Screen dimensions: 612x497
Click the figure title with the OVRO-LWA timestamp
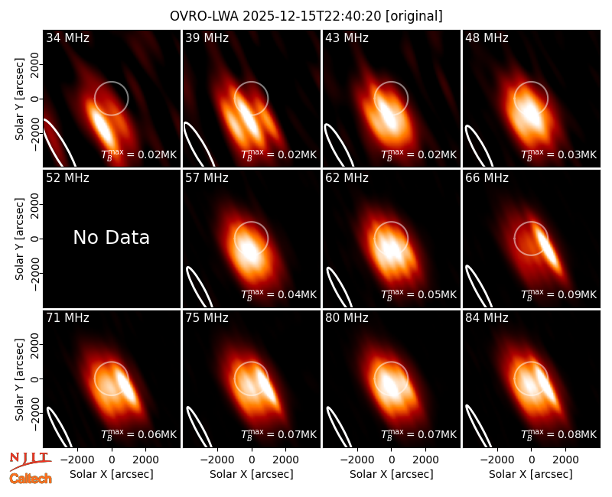click(306, 16)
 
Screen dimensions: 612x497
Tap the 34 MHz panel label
click(67, 37)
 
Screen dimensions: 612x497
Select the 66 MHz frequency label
click(487, 178)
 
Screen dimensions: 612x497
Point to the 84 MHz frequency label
click(487, 318)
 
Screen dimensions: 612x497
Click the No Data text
click(111, 238)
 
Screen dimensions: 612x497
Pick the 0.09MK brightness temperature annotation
click(558, 295)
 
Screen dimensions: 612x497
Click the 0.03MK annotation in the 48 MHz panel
click(558, 155)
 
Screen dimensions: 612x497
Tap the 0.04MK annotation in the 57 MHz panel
click(278, 295)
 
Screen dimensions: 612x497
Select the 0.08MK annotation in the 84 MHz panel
click(558, 435)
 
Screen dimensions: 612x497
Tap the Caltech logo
click(31, 479)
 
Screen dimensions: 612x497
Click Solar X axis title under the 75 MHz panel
click(252, 474)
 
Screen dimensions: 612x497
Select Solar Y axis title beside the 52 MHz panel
click(19, 239)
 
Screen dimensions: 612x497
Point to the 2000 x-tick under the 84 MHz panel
click(565, 460)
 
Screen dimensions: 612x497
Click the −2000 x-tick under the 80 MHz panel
click(357, 460)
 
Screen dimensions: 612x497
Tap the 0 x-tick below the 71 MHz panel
click(112, 460)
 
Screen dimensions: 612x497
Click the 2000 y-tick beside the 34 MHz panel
click(35, 64)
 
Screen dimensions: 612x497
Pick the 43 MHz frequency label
click(347, 37)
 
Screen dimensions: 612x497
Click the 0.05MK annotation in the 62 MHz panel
click(418, 295)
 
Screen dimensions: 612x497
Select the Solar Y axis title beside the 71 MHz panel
click(19, 379)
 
